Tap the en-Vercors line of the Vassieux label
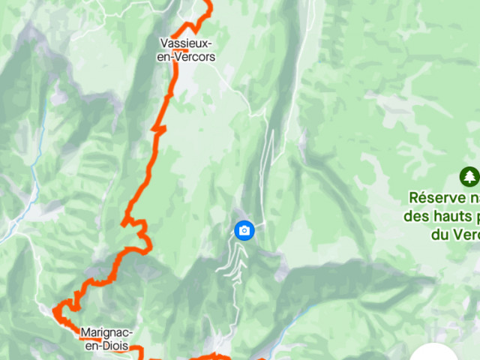pyautogui.click(x=187, y=56)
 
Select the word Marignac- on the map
pyautogui.click(x=107, y=333)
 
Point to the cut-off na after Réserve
pyautogui.click(x=472, y=199)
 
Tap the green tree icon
pyautogui.click(x=469, y=176)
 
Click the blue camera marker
pyautogui.click(x=244, y=229)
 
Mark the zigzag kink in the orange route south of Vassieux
pyautogui.click(x=158, y=128)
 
